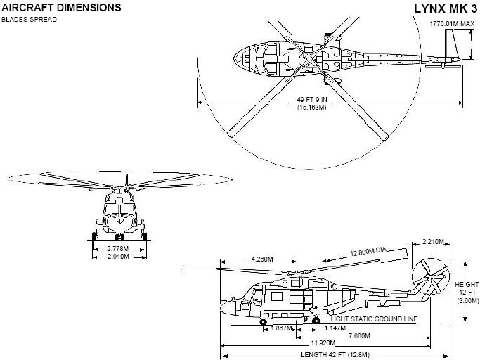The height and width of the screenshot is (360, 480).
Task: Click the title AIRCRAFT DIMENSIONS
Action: pyautogui.click(x=61, y=8)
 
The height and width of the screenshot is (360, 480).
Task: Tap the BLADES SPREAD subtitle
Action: pyautogui.click(x=30, y=19)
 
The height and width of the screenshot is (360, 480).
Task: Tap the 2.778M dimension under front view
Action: pyautogui.click(x=119, y=249)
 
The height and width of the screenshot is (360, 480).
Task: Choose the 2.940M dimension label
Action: pyautogui.click(x=119, y=257)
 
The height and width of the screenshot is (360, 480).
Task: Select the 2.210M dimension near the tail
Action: pyautogui.click(x=434, y=242)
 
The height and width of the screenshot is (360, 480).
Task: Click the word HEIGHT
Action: pyautogui.click(x=465, y=284)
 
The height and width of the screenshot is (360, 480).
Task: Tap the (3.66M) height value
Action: pyautogui.click(x=466, y=301)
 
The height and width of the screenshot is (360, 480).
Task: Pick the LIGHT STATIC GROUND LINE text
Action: pyautogui.click(x=374, y=319)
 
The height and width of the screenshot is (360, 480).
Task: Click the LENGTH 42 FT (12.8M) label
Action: pyautogui.click(x=335, y=354)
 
